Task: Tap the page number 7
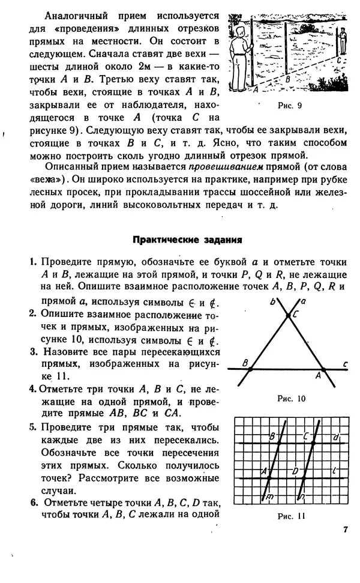pyautogui.click(x=345, y=529)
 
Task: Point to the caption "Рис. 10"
pyautogui.click(x=292, y=398)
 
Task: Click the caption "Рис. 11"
pyautogui.click(x=292, y=515)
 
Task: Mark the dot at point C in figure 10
pyautogui.click(x=288, y=315)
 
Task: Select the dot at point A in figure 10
pyautogui.click(x=323, y=370)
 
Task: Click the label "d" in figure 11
pyautogui.click(x=337, y=436)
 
